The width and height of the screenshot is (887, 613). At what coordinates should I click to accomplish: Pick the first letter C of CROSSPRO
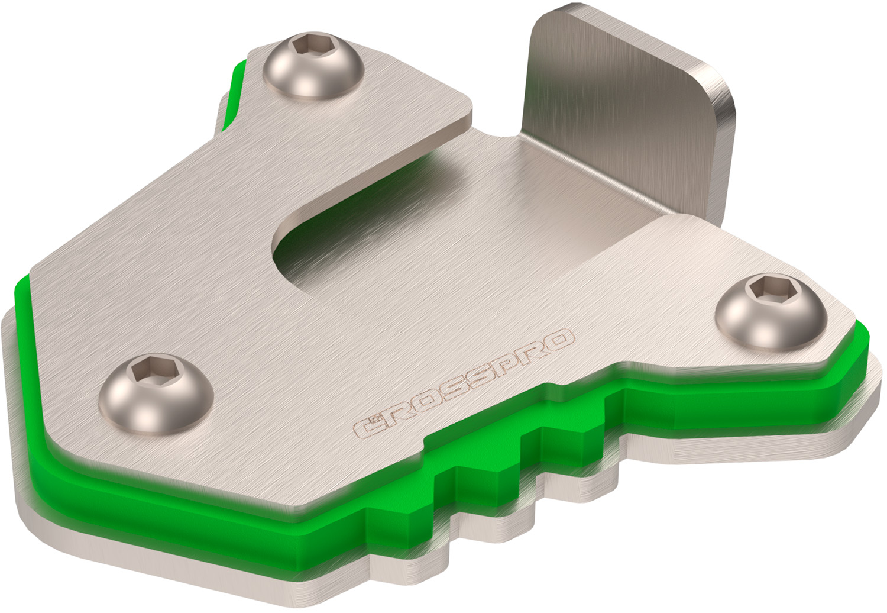(x=366, y=425)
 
